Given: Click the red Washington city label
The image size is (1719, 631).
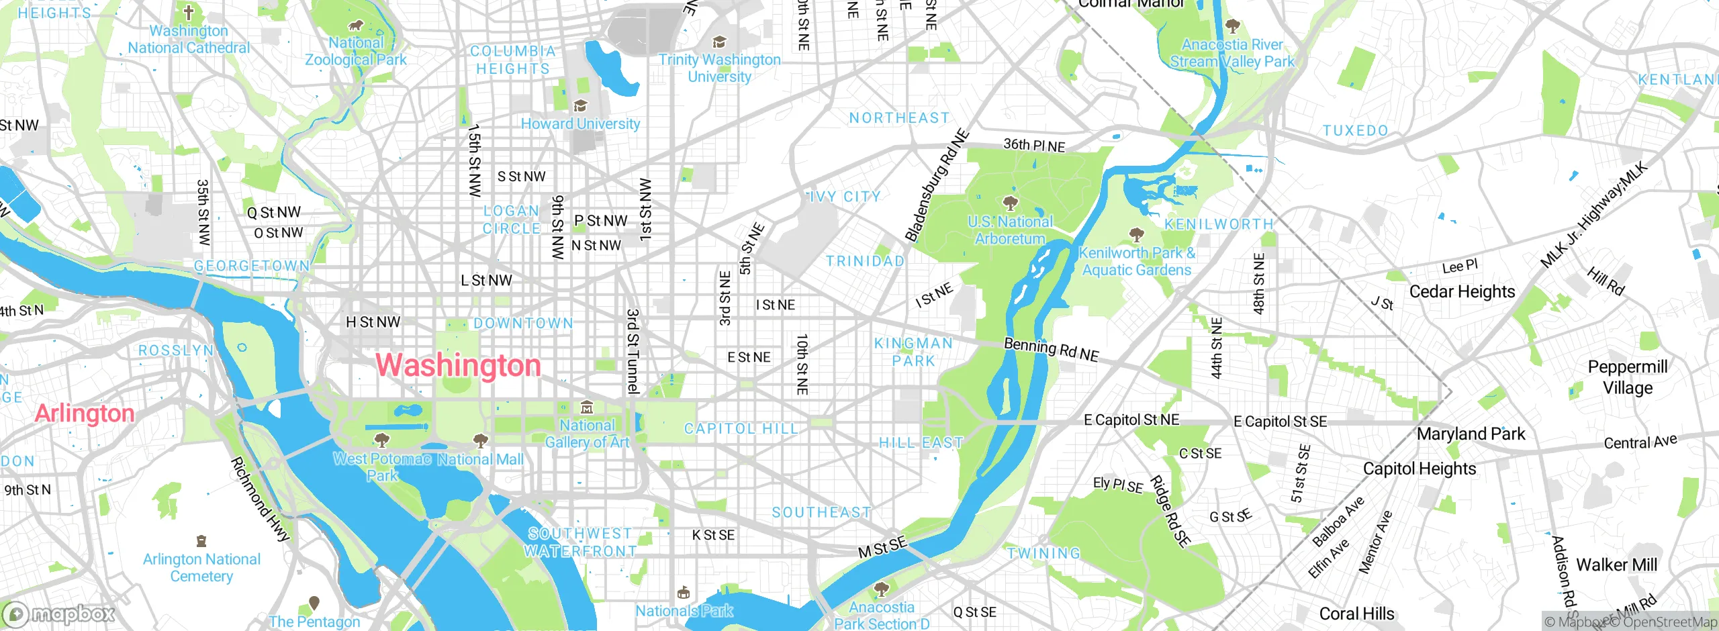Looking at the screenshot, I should pyautogui.click(x=458, y=366).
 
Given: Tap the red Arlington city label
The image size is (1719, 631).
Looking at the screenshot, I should pyautogui.click(x=85, y=414).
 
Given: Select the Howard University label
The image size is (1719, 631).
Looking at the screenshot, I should pyautogui.click(x=580, y=124).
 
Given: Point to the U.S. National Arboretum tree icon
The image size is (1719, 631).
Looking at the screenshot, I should pyautogui.click(x=1009, y=203).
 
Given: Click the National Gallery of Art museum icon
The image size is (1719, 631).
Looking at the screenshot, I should pyautogui.click(x=586, y=407).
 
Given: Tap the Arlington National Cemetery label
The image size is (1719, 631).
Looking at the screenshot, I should pyautogui.click(x=201, y=568).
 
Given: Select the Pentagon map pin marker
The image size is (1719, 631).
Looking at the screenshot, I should pyautogui.click(x=314, y=603).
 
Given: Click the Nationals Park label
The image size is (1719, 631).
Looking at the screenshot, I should pyautogui.click(x=684, y=611).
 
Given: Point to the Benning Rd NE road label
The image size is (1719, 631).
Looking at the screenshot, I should pyautogui.click(x=1051, y=349).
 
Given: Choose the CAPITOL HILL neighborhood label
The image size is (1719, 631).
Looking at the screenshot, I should pyautogui.click(x=741, y=429).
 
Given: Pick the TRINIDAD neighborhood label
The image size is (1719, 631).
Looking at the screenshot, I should pyautogui.click(x=865, y=261).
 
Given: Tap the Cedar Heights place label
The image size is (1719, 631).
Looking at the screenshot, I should pyautogui.click(x=1462, y=291).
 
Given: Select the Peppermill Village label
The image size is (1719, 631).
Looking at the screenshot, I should pyautogui.click(x=1628, y=377).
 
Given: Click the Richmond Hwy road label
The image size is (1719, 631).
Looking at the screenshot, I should pyautogui.click(x=260, y=499).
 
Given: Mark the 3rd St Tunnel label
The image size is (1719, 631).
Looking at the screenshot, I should pyautogui.click(x=633, y=351).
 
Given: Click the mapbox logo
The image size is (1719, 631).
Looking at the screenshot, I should pyautogui.click(x=59, y=614).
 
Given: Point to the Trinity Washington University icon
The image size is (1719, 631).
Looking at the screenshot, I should pyautogui.click(x=719, y=42).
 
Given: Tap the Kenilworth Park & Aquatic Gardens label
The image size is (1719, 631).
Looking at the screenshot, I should pyautogui.click(x=1137, y=262).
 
